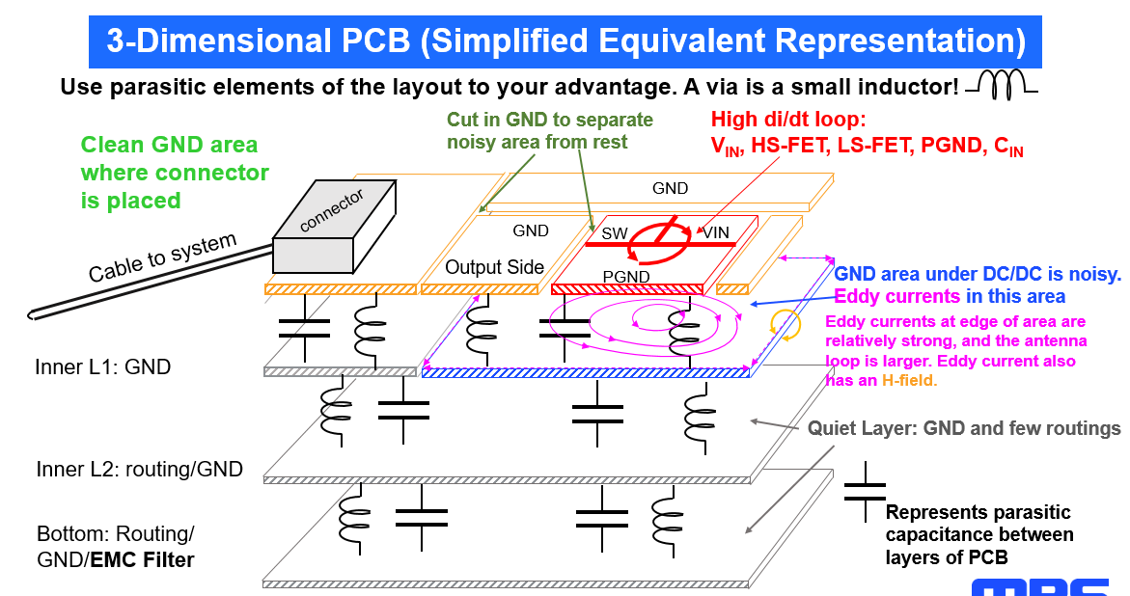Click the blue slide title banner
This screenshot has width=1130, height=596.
[565, 41]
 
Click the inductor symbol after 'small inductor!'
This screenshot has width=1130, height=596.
[1001, 85]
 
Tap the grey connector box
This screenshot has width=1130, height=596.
[334, 226]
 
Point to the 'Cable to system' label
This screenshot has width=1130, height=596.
[163, 257]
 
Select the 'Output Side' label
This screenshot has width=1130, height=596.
[494, 267]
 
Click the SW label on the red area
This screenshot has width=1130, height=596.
[615, 234]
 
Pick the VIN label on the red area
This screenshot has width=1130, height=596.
[716, 232]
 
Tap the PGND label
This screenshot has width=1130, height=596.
[626, 277]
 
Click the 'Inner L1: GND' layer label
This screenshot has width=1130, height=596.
[103, 367]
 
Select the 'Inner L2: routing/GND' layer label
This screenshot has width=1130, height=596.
[140, 470]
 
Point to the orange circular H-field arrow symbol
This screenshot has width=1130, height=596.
[785, 325]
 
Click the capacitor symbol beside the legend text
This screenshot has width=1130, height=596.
[865, 492]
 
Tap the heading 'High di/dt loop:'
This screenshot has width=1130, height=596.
[788, 120]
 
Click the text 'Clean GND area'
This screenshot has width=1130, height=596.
[170, 145]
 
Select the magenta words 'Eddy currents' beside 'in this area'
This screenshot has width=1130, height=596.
[897, 297]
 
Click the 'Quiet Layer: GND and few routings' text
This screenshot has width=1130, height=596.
[964, 429]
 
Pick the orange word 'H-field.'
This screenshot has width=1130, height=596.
[909, 380]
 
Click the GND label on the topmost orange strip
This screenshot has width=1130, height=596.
[671, 189]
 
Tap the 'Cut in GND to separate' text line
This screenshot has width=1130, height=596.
[550, 120]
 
